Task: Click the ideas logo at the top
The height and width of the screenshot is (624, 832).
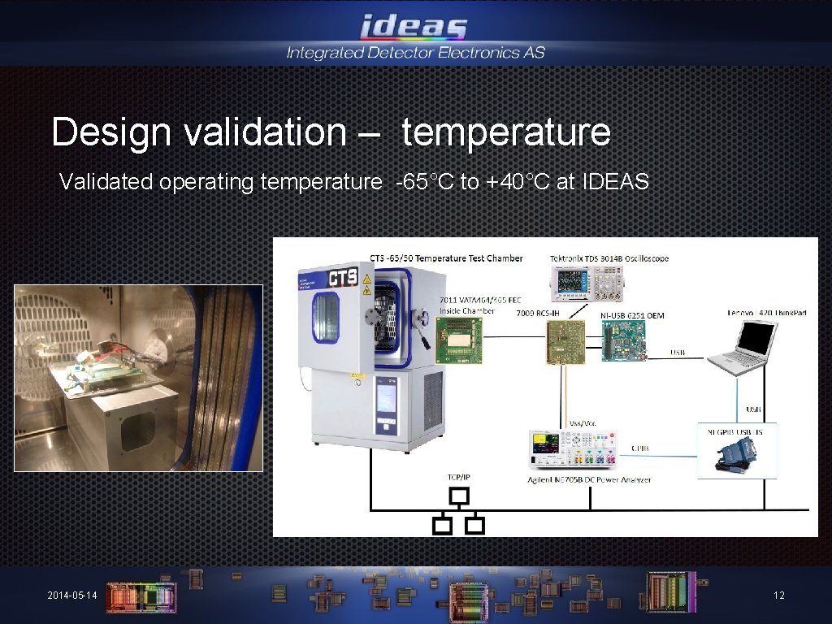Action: pyautogui.click(x=414, y=28)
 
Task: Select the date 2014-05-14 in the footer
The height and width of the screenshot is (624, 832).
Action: pyautogui.click(x=72, y=596)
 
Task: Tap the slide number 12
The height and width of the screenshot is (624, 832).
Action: pyautogui.click(x=778, y=596)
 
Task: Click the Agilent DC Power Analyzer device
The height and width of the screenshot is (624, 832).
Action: pyautogui.click(x=571, y=450)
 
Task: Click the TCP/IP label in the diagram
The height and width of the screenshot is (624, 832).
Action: pyautogui.click(x=460, y=476)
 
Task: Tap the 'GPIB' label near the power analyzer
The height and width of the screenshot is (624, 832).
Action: pyautogui.click(x=639, y=448)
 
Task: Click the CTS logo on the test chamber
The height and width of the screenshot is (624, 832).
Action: pyautogui.click(x=343, y=278)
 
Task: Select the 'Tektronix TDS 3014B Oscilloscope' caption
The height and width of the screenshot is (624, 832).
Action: pyautogui.click(x=609, y=258)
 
